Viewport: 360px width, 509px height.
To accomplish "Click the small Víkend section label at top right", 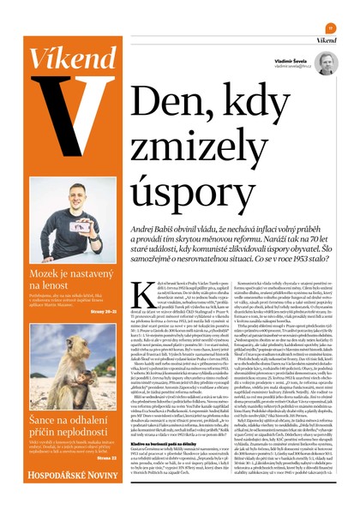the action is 324,40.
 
